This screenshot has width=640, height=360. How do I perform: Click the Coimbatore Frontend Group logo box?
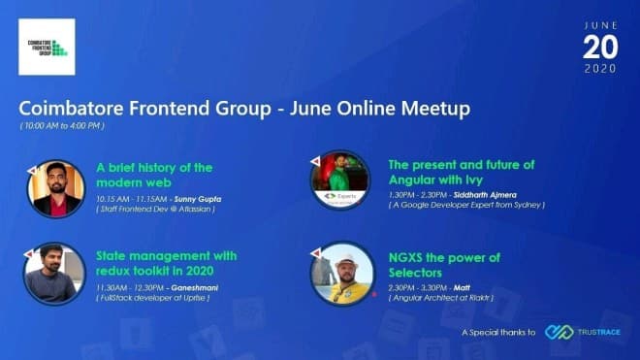point(47,47)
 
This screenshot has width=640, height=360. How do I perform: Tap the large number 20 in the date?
point(599,46)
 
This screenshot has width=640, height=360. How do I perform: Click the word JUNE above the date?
point(599,23)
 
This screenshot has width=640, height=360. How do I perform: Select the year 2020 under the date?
point(599,69)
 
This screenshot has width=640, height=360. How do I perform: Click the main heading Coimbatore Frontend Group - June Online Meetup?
point(244,109)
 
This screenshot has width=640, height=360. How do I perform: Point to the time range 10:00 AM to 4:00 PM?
point(62,126)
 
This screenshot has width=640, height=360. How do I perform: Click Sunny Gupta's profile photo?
point(54,187)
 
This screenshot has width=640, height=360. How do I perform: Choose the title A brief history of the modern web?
point(154,175)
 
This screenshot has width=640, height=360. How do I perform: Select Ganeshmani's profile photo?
point(54,273)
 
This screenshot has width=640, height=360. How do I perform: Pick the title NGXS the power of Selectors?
point(443,265)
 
